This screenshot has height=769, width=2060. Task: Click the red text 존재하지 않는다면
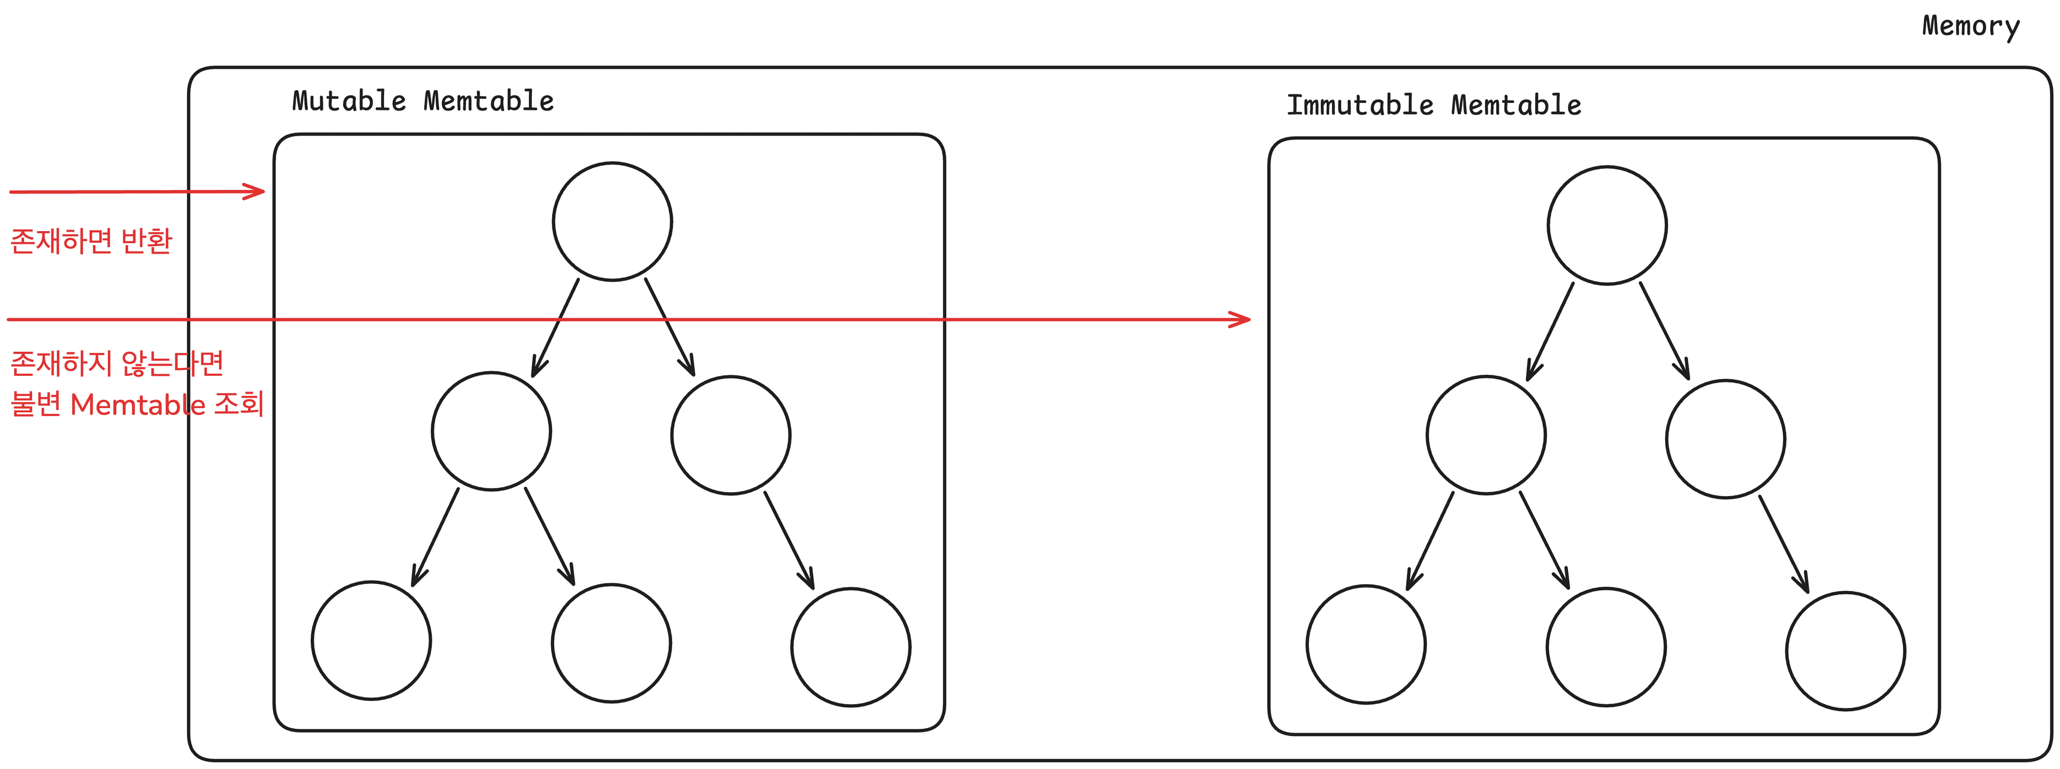117,363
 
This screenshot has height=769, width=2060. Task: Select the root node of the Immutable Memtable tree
1607,225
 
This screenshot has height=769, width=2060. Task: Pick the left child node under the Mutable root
491,431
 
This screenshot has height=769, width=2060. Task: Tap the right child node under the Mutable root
731,435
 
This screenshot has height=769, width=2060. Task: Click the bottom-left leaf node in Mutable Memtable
372,640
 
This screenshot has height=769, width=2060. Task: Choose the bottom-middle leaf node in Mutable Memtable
612,644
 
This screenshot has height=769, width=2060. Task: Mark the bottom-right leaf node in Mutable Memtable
851,647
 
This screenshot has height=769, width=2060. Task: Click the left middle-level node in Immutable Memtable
1486,435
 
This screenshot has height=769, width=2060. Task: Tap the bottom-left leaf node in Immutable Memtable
1366,644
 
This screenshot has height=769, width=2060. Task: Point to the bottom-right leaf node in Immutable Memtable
1845,650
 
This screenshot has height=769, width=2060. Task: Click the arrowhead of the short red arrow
257,191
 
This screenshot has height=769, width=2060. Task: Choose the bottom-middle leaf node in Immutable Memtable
1606,647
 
